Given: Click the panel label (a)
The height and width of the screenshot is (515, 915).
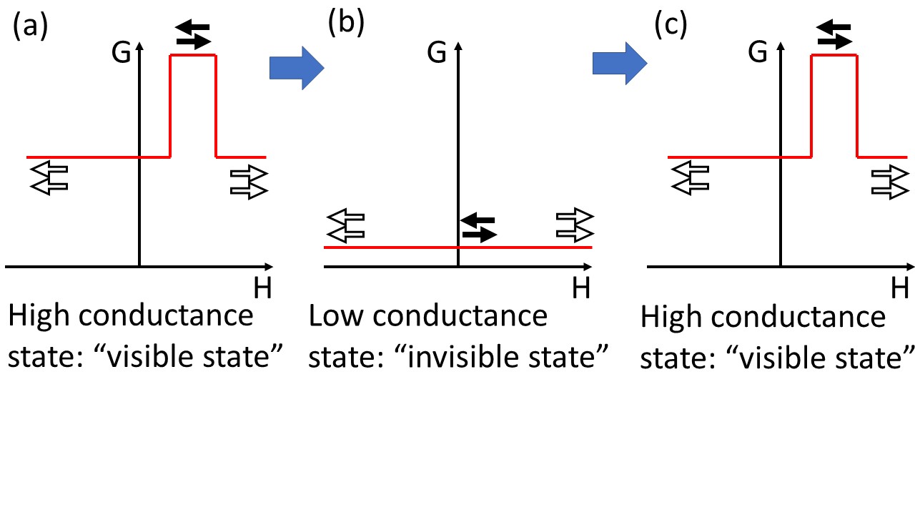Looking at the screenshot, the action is (31, 26).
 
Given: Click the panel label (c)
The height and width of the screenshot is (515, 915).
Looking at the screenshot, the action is (671, 25).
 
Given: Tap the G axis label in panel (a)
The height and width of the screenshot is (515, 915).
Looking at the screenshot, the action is (122, 53).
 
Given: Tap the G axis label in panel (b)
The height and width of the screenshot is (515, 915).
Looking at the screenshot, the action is (437, 53).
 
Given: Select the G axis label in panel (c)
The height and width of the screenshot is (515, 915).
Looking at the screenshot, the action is (757, 53).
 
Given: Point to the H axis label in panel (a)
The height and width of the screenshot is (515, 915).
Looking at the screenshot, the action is (262, 288).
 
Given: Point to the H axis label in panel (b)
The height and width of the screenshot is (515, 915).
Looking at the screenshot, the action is (581, 288).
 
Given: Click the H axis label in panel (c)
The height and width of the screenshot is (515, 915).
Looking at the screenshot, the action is (899, 288).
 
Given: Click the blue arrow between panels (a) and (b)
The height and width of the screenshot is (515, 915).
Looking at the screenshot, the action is (297, 68).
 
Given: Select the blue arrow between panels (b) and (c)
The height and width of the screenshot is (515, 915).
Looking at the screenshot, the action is (620, 64).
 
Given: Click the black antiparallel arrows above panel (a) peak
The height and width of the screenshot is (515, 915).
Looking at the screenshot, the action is (193, 34).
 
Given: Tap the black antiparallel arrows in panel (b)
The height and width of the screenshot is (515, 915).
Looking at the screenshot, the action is (478, 227).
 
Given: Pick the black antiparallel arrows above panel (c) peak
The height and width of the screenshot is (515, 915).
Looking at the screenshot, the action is (834, 34).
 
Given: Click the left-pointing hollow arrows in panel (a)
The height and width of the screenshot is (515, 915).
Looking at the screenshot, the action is (49, 178).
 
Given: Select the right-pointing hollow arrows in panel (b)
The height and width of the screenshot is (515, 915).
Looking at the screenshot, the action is (575, 225).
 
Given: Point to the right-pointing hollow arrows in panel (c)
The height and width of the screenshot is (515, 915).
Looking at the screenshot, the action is (891, 182).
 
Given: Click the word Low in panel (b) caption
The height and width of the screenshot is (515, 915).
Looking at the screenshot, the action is (337, 315).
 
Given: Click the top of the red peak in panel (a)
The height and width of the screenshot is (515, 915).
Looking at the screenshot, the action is (193, 55).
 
